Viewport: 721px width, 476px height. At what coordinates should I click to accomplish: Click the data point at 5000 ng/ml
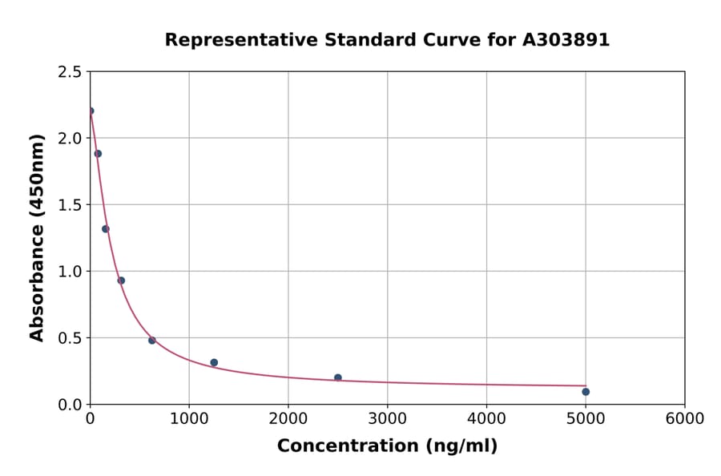coord(586,392)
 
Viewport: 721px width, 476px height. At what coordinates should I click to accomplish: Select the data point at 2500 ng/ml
coord(338,377)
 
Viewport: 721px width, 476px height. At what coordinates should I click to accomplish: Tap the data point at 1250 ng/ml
coord(214,363)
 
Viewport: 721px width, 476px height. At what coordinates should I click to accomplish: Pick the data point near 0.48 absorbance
coord(152,341)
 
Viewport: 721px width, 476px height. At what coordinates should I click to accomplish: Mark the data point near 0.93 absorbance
coord(121,280)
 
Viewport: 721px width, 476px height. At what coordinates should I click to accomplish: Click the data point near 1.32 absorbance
coord(106,229)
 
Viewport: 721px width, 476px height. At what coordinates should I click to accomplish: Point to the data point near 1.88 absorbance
coord(98,154)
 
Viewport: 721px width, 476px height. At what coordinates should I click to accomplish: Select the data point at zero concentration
coord(91,111)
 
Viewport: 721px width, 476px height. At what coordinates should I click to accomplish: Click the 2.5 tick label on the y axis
coord(69,72)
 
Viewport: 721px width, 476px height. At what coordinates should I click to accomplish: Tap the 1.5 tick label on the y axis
coord(69,205)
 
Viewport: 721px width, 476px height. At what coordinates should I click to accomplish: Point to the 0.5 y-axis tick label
coord(69,338)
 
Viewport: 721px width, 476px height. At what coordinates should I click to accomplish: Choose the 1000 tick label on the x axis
coord(189,419)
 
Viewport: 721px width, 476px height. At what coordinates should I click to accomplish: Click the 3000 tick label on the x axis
coord(388,419)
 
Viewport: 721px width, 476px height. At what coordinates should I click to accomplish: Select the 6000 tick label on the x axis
coord(685,419)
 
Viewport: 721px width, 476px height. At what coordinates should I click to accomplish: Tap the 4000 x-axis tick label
coord(486,419)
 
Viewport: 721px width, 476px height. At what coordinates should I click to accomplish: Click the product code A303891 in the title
coord(566,40)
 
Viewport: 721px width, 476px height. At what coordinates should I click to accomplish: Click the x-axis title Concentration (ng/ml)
coord(387,446)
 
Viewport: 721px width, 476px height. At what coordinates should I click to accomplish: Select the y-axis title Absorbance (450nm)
coord(37,237)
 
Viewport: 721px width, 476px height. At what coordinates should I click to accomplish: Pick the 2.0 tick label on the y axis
coord(69,139)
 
